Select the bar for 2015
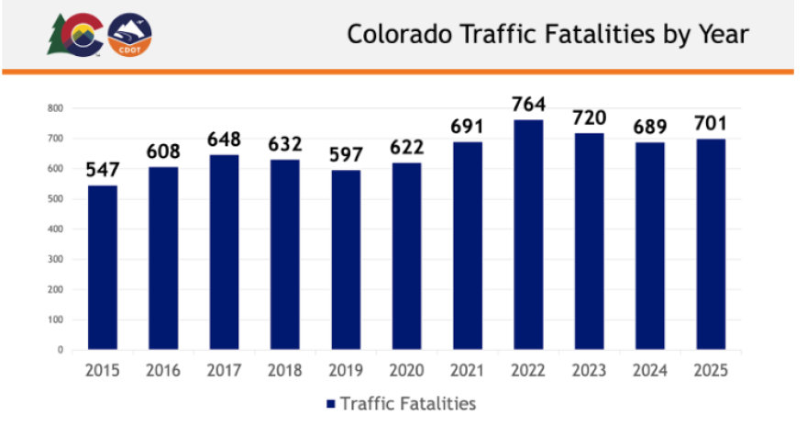tap(102, 268)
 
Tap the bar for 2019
tap(345, 260)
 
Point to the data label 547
tap(102, 171)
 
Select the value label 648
tap(224, 140)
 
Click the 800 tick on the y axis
tap(56, 108)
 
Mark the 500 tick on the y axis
tap(56, 199)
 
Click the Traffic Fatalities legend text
tap(408, 403)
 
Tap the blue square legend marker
tap(331, 404)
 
